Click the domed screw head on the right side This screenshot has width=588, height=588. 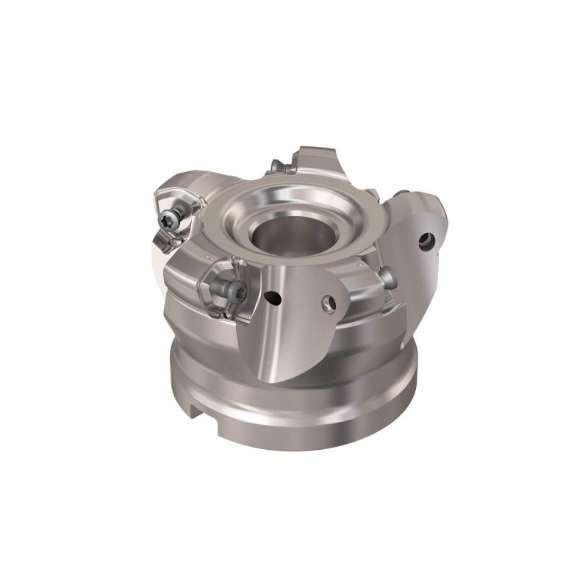387,277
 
